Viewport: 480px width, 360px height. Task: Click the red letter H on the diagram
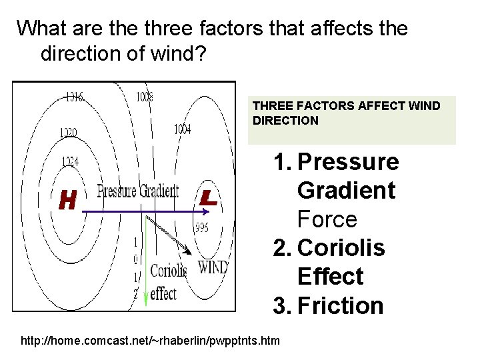click(x=67, y=199)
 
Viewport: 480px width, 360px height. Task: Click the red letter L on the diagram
click(x=209, y=197)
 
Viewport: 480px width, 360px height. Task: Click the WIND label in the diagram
click(x=213, y=268)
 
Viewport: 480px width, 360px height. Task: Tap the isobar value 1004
click(x=182, y=129)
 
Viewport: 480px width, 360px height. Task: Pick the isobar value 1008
click(x=145, y=97)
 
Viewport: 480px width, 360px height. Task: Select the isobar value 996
click(x=202, y=228)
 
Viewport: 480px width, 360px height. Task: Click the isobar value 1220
click(x=67, y=133)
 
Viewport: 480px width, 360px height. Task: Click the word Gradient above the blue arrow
click(x=158, y=191)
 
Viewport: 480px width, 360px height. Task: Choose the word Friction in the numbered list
click(x=341, y=306)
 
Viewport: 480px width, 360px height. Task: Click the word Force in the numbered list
click(x=327, y=219)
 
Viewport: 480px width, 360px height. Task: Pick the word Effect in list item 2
click(x=330, y=277)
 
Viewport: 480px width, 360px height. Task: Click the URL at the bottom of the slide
click(x=151, y=341)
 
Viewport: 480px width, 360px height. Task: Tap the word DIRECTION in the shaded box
click(x=286, y=121)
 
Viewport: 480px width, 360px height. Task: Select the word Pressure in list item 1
click(x=348, y=162)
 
